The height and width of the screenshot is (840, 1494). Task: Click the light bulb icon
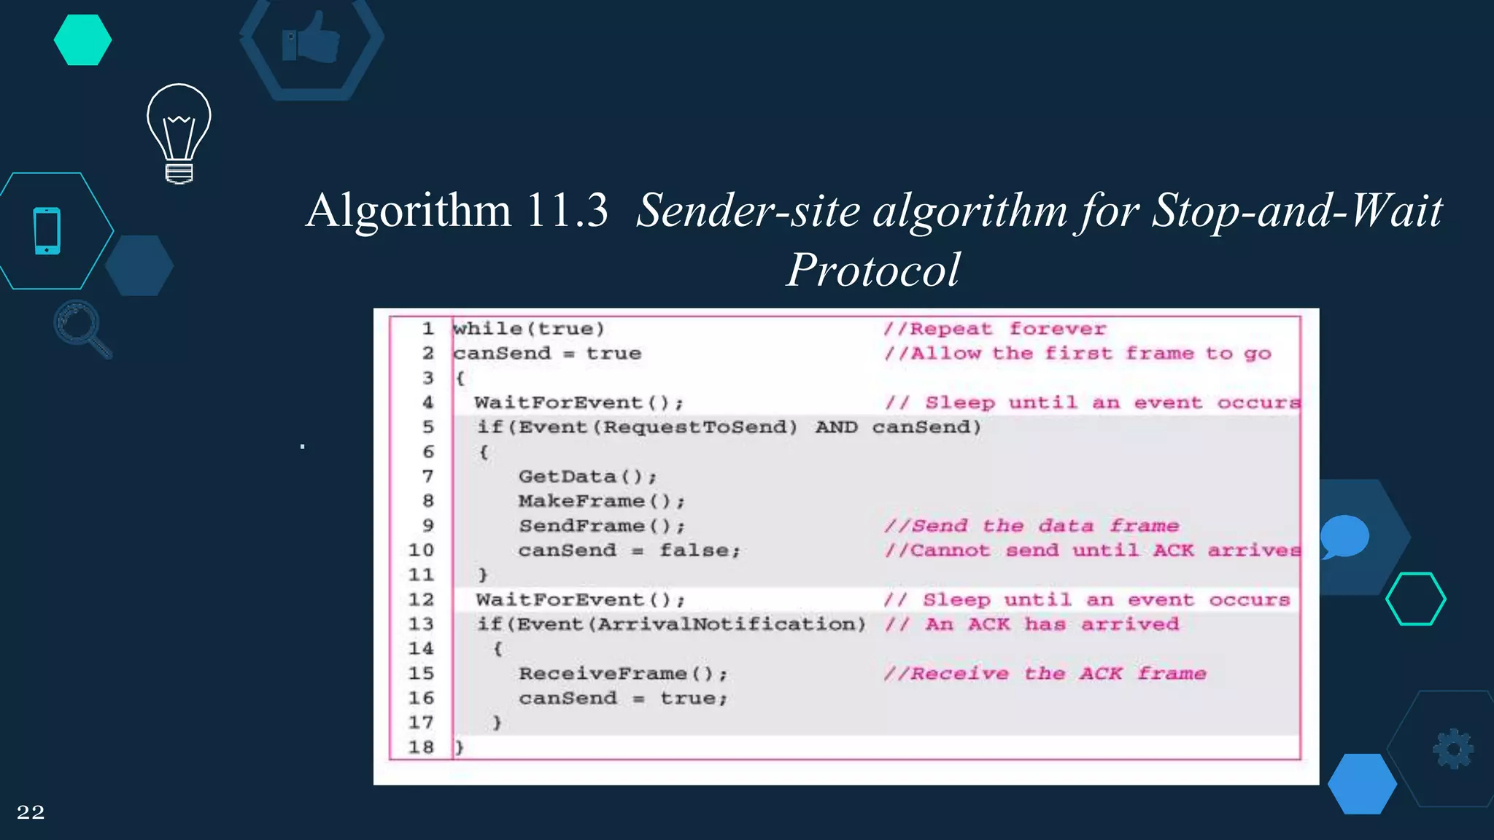coord(179,133)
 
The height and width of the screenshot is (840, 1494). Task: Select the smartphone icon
coord(47,231)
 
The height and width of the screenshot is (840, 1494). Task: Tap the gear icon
coord(1453,749)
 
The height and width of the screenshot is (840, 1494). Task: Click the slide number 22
coord(31,812)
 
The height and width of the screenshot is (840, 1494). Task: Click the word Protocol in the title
coord(873,270)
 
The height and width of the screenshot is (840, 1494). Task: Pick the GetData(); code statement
coord(587,476)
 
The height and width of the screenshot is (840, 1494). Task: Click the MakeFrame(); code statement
coord(602,501)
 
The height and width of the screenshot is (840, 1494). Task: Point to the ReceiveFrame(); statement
coord(623,673)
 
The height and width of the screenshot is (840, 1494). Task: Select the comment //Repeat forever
coord(995,329)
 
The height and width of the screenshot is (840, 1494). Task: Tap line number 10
coord(421,550)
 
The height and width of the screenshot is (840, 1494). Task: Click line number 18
coord(421,747)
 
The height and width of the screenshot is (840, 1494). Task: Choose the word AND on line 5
coord(836,427)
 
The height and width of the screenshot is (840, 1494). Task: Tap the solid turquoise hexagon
coord(82,40)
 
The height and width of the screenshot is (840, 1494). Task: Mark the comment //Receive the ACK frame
coord(1045,673)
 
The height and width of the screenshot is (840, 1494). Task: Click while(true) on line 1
coord(529,329)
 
